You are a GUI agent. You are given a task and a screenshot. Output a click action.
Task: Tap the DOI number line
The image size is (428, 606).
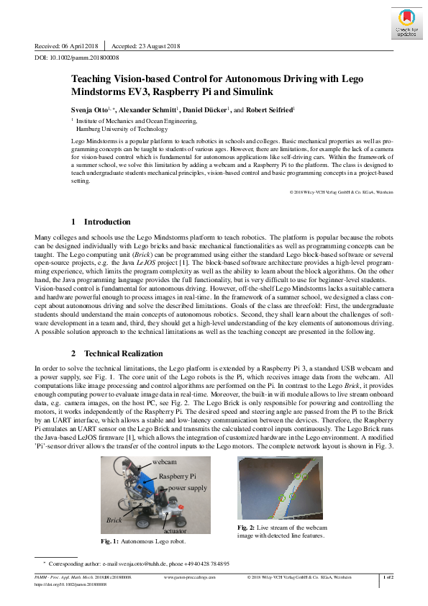coord(77,57)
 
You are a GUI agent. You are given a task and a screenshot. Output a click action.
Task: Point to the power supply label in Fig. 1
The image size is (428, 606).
coord(187,487)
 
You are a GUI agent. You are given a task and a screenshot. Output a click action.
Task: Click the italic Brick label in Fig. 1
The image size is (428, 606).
coord(114,518)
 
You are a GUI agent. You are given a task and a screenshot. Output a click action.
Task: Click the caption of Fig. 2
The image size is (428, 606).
coord(281,531)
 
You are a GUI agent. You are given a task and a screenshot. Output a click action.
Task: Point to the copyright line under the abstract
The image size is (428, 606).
coord(341,192)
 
